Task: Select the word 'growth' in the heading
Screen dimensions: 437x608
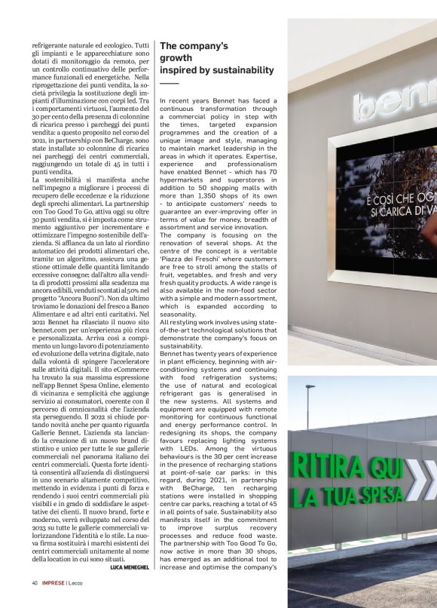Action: click(x=176, y=58)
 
